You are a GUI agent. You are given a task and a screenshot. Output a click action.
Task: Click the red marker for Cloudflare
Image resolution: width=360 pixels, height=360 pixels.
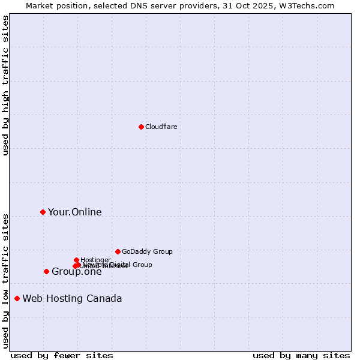tap(141, 127)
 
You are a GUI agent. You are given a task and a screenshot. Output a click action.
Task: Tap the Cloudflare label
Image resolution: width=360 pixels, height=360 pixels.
tap(161, 127)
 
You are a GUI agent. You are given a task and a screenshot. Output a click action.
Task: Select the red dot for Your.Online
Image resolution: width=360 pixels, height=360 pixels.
tap(43, 212)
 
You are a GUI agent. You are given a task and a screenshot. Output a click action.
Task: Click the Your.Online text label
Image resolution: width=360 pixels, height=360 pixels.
tap(74, 212)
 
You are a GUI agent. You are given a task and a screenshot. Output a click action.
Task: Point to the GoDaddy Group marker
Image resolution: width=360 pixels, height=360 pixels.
tap(118, 251)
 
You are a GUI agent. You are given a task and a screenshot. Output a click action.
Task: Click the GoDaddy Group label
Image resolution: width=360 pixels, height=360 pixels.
tap(146, 251)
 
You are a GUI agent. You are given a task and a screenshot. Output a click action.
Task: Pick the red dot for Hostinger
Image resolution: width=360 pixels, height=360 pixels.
tap(76, 260)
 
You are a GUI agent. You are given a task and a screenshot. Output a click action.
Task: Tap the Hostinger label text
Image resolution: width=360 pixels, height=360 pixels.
tap(95, 260)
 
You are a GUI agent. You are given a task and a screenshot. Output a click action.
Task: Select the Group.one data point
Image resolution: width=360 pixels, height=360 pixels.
tap(46, 271)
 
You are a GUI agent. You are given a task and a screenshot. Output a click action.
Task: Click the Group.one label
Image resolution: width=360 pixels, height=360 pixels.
tap(76, 272)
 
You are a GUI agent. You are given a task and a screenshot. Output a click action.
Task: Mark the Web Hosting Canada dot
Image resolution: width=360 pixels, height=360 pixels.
tap(17, 298)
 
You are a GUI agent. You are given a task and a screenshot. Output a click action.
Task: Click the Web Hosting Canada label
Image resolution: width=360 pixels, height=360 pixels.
tap(72, 298)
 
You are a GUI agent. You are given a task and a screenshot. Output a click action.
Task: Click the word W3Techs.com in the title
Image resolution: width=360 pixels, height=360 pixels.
tap(310, 5)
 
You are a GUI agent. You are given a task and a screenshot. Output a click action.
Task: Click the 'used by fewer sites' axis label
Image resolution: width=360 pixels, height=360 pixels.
tap(62, 355)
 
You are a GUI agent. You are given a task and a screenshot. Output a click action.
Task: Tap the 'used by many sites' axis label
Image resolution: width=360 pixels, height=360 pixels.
tap(301, 355)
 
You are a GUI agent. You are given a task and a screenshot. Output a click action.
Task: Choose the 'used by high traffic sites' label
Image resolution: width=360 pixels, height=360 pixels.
tap(5, 85)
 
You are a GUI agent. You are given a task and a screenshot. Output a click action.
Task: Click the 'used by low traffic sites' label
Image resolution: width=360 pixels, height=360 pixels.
tap(5, 280)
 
